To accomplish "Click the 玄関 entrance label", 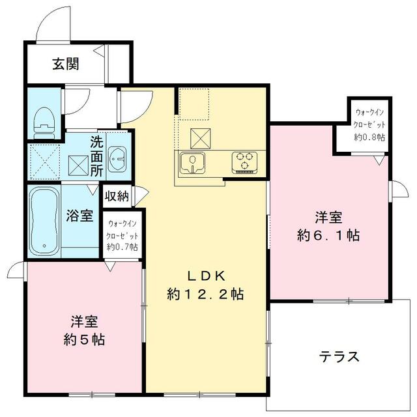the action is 66,64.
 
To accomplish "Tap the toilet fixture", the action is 44,122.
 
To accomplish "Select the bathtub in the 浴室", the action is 44,221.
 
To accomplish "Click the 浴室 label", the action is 79,216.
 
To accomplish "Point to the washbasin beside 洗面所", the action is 118,159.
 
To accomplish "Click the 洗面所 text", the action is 96,156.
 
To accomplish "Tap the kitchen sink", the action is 192,162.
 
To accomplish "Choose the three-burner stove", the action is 244,163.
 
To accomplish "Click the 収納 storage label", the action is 117,196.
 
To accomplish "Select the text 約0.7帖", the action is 122,247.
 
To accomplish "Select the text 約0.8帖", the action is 369,137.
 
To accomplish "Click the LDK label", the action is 207,276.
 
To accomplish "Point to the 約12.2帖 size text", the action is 205,294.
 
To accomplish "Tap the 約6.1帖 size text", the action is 328,235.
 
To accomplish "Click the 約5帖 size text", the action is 84,339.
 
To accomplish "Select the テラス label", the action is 339,356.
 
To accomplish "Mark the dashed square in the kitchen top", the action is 194,104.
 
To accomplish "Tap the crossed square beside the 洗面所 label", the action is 78,165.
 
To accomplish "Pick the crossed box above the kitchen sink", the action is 201,138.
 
